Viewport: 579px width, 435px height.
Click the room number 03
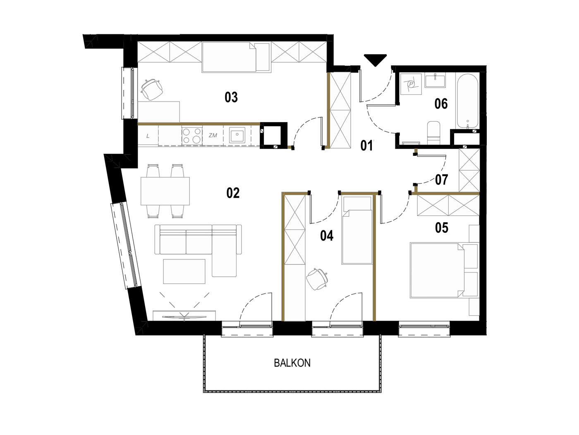tap(231, 97)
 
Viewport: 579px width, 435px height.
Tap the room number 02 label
tap(233, 193)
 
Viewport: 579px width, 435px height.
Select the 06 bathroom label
tap(441, 104)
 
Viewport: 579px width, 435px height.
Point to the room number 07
tap(442, 180)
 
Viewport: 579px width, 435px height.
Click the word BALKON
tap(292, 363)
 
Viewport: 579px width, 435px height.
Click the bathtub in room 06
tap(467, 101)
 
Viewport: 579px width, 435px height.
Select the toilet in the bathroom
tap(433, 133)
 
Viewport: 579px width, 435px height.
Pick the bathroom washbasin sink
tap(435, 80)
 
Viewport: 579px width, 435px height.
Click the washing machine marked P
tap(411, 84)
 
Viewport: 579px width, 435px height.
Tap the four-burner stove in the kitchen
tap(192, 135)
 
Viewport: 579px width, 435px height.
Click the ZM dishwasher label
tap(213, 135)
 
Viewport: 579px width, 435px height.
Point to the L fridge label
tap(148, 136)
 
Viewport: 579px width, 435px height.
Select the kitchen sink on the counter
tap(237, 135)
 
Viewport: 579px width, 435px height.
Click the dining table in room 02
tap(165, 191)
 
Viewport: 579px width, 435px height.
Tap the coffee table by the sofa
tap(184, 271)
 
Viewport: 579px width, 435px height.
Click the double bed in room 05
tap(437, 271)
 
